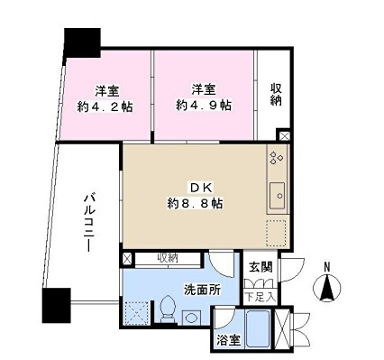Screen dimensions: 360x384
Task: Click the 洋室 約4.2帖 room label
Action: pyautogui.click(x=106, y=97)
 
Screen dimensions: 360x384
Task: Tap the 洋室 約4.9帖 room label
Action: pyautogui.click(x=204, y=97)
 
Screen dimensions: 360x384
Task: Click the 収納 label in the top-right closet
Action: pyautogui.click(x=278, y=95)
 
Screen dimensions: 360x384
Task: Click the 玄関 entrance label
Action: pyautogui.click(x=260, y=266)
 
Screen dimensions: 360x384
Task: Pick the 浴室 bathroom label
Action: pyautogui.click(x=228, y=341)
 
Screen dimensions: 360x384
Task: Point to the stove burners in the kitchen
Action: pyautogui.click(x=276, y=161)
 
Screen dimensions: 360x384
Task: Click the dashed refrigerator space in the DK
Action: pyautogui.click(x=276, y=232)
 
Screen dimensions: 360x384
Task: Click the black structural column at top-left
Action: pyautogui.click(x=81, y=41)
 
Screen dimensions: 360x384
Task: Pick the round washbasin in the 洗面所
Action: pyautogui.click(x=191, y=318)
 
